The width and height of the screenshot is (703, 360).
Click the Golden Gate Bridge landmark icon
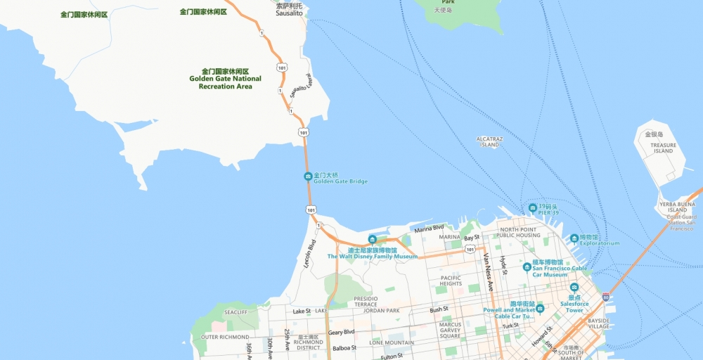point(308,176)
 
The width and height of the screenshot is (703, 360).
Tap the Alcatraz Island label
point(489,142)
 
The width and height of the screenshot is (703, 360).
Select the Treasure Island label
point(662,148)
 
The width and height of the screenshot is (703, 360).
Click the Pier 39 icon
point(533,208)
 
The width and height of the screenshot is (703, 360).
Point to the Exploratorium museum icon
point(574,238)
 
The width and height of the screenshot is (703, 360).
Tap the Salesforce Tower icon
point(574,288)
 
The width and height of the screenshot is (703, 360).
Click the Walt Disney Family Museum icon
point(373,240)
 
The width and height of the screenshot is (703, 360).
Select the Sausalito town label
point(289,13)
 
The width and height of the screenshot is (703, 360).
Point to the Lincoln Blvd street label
point(309,254)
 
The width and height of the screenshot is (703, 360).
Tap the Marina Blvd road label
point(429,228)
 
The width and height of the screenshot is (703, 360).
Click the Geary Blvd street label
point(341,332)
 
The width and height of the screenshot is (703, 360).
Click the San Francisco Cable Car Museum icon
point(527,266)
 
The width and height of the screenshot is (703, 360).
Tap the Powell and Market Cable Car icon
point(540,309)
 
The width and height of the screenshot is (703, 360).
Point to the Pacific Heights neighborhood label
point(451,281)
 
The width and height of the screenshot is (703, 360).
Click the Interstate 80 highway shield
point(606,297)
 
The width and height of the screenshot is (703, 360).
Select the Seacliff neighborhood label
point(236,312)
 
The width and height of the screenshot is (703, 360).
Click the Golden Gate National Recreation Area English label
point(225,82)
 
